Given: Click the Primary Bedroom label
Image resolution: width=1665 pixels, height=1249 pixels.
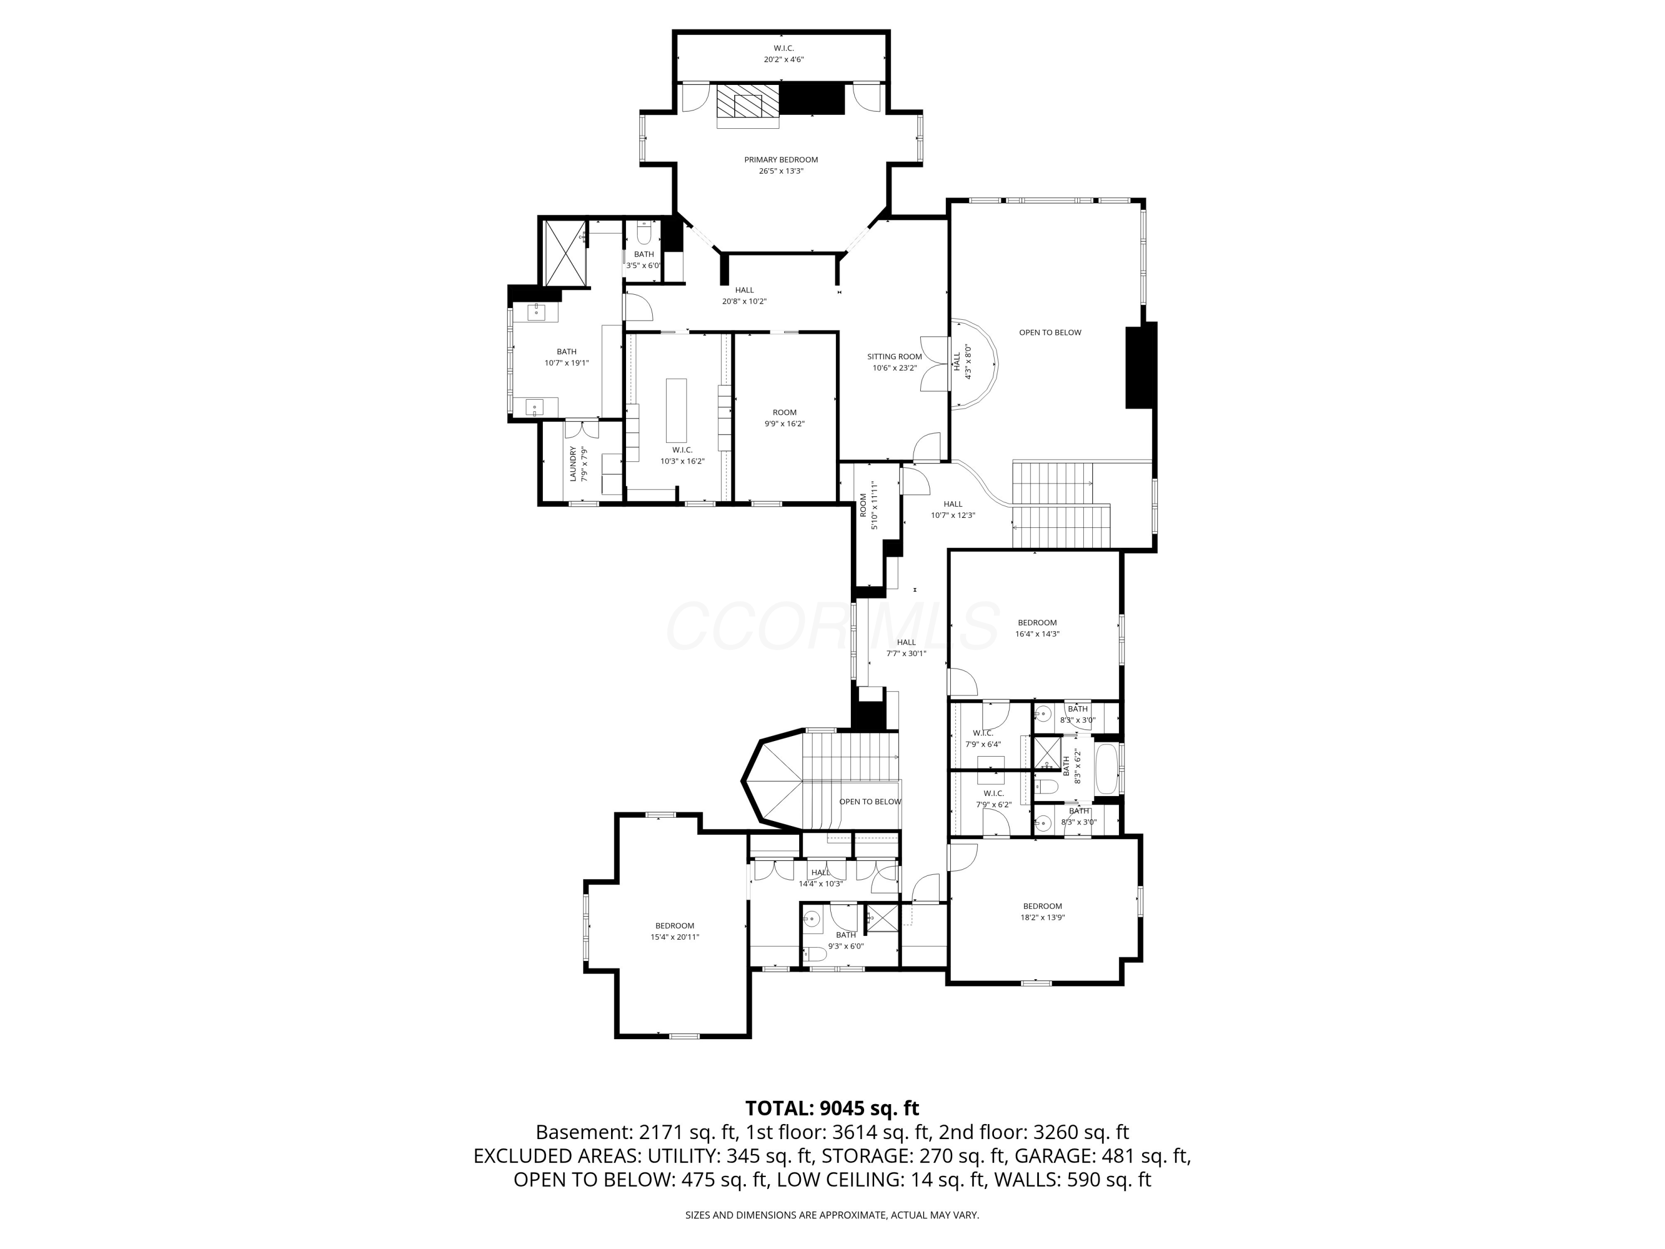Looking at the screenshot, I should [x=780, y=160].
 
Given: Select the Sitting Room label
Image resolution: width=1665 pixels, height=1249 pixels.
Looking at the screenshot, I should [x=894, y=357].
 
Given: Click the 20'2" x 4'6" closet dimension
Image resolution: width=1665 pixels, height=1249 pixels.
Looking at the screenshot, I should [x=784, y=59].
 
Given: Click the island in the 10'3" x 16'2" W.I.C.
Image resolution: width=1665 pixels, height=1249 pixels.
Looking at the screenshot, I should [x=676, y=410].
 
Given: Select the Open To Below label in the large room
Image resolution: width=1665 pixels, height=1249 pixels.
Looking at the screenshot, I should [x=1050, y=333].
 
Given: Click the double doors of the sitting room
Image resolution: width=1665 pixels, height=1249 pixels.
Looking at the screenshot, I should [x=934, y=364].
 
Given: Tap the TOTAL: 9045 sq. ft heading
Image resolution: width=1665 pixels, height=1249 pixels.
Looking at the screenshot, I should [x=832, y=1108].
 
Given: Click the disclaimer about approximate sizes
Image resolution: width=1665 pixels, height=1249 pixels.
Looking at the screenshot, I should [x=832, y=1215].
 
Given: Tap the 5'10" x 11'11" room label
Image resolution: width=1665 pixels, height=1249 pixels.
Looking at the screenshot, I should [x=869, y=505].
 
